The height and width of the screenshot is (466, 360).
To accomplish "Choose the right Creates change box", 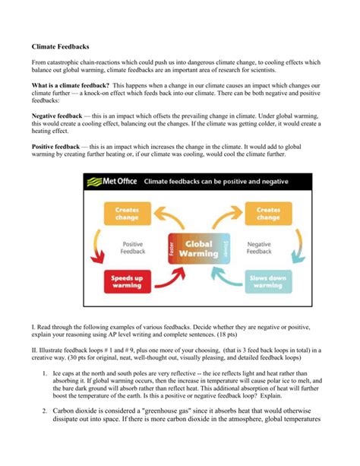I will (x=267, y=214).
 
